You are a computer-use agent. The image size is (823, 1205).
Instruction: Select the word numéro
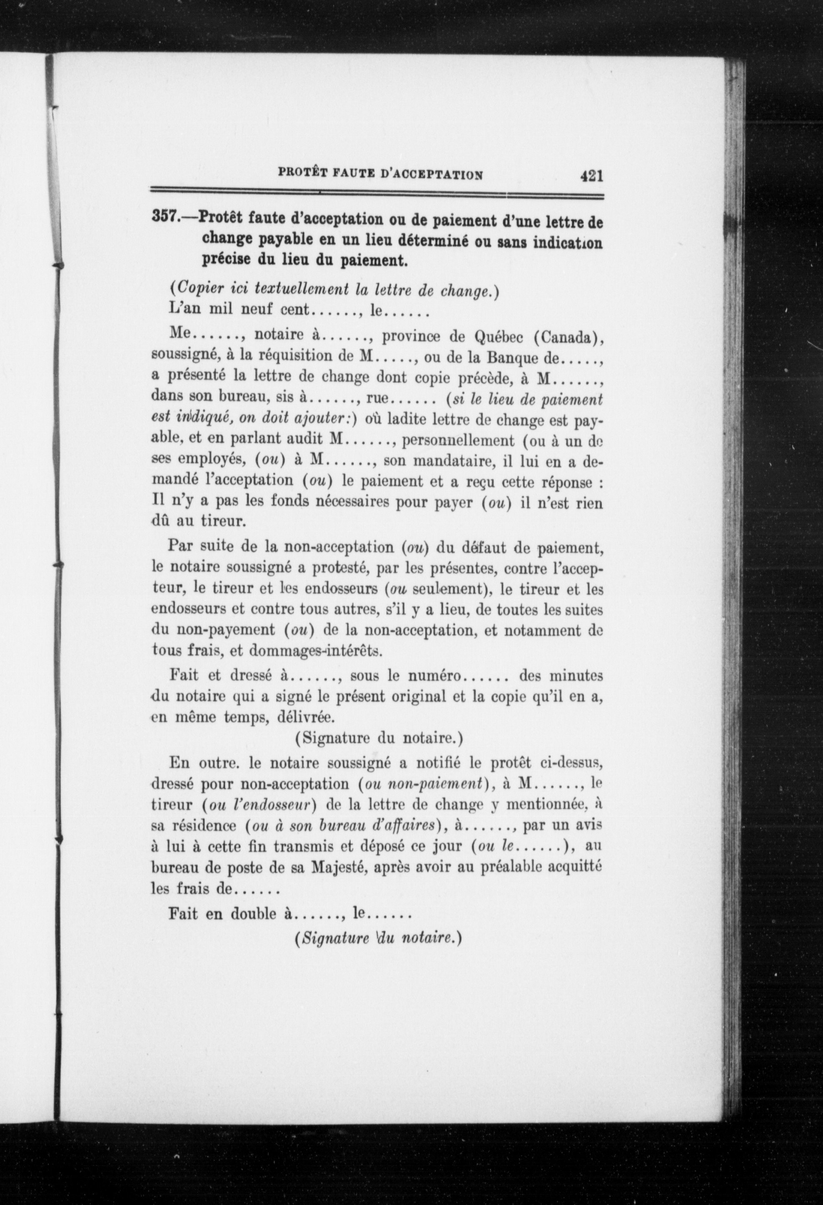pos(434,676)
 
